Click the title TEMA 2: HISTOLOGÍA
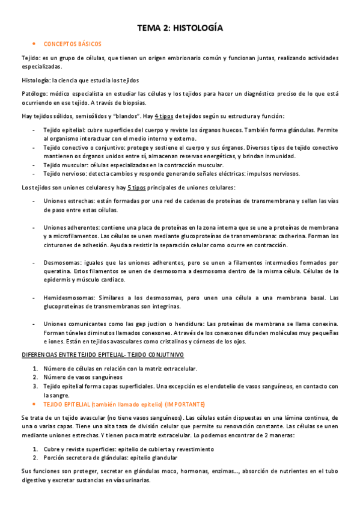click(x=180, y=28)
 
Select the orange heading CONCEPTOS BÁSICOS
click(x=73, y=44)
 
